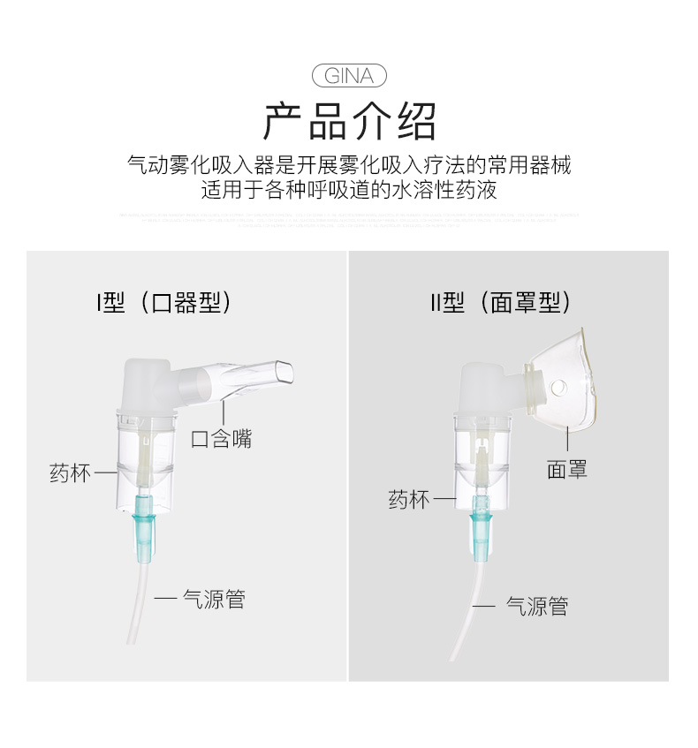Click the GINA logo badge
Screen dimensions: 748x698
pos(349,76)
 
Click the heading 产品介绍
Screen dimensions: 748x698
pos(349,122)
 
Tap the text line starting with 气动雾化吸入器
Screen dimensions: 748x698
pos(349,165)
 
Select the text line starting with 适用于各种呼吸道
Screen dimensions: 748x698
pos(349,191)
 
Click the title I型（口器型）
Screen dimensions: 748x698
pos(165,303)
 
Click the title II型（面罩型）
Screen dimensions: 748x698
pos(501,303)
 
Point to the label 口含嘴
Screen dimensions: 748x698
pos(222,438)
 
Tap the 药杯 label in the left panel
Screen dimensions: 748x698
pos(71,473)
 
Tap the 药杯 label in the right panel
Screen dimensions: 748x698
pos(409,500)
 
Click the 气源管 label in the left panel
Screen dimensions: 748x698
pos(213,600)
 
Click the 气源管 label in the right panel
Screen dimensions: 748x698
pos(536,606)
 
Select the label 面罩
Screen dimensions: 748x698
pos(566,469)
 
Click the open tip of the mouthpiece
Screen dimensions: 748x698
pos(282,372)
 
